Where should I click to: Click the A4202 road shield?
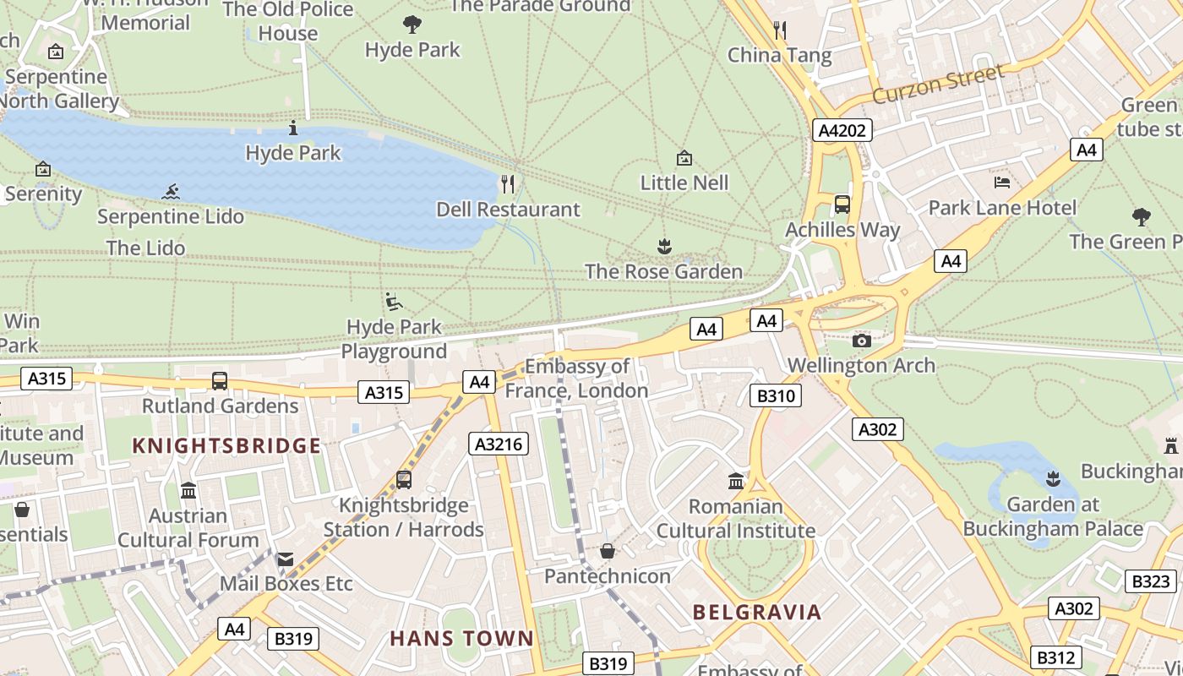point(842,130)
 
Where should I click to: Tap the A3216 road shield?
point(499,444)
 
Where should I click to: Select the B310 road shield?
point(775,395)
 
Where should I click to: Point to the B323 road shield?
point(1151,581)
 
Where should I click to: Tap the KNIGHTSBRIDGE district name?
point(226,446)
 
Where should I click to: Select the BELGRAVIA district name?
point(757,613)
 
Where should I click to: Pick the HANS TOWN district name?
point(461,639)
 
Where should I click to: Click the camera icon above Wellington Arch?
point(862,341)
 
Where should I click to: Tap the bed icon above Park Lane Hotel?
point(1002,182)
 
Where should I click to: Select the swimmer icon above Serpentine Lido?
point(172,191)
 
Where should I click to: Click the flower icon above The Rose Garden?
point(664,246)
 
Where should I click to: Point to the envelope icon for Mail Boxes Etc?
point(286,559)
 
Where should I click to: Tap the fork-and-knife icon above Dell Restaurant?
point(508,183)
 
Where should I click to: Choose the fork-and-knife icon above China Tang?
point(780,30)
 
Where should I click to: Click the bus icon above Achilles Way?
point(842,204)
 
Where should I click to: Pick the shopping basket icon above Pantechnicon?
point(608,551)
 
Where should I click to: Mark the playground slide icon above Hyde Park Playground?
point(394,302)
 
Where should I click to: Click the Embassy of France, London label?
point(577,379)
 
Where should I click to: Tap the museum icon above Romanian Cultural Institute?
point(736,481)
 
